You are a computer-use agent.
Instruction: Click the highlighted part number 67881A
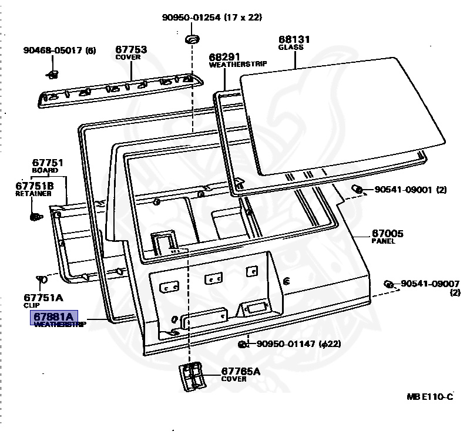tap(54, 318)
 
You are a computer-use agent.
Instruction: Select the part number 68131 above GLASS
tap(294, 40)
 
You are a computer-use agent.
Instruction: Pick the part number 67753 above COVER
tap(130, 50)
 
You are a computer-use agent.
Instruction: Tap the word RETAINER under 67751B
tap(30, 193)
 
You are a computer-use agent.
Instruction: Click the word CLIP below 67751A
tap(31, 305)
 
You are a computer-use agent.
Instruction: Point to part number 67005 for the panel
tap(387, 234)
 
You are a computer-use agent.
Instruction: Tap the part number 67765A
tap(240, 372)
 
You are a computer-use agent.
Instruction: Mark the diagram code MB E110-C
tap(430, 397)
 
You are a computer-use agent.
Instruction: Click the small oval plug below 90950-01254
tap(192, 39)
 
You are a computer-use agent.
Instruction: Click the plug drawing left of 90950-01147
tap(241, 343)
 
